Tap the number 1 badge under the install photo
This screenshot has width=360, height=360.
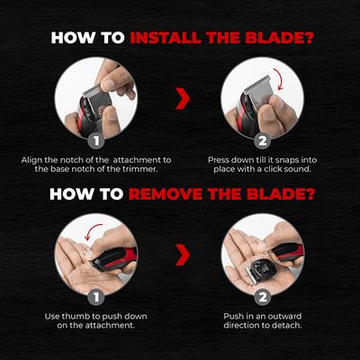pos(97,140)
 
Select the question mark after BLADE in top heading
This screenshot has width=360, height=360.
pos(305,39)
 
